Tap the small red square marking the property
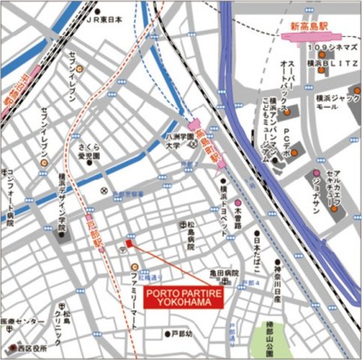pyautogui.click(x=129, y=244)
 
